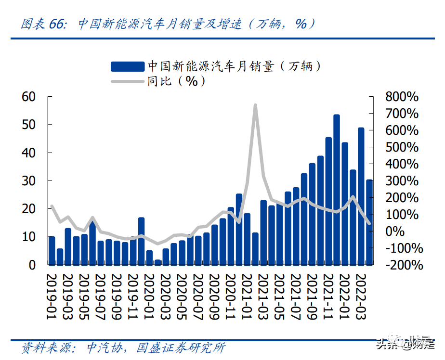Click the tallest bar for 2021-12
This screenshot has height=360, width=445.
tap(337, 190)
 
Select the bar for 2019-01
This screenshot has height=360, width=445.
tap(52, 250)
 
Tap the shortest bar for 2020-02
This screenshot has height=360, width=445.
tap(157, 262)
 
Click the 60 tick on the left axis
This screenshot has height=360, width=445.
tap(29, 97)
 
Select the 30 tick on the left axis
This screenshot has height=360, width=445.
tap(29, 180)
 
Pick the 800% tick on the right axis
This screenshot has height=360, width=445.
tap(402, 97)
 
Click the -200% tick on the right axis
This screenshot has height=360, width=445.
tap(404, 265)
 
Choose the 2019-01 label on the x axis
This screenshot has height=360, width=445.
tap(52, 296)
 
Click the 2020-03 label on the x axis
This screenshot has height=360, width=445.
tap(166, 296)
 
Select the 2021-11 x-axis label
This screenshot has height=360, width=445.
tap(328, 296)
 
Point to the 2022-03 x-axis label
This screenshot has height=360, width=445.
tap(361, 296)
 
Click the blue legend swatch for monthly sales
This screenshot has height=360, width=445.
tap(128, 66)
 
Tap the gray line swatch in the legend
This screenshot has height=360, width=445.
tap(128, 81)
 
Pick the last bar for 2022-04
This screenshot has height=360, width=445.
tap(369, 222)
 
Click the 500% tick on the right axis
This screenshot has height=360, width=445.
tap(402, 147)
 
